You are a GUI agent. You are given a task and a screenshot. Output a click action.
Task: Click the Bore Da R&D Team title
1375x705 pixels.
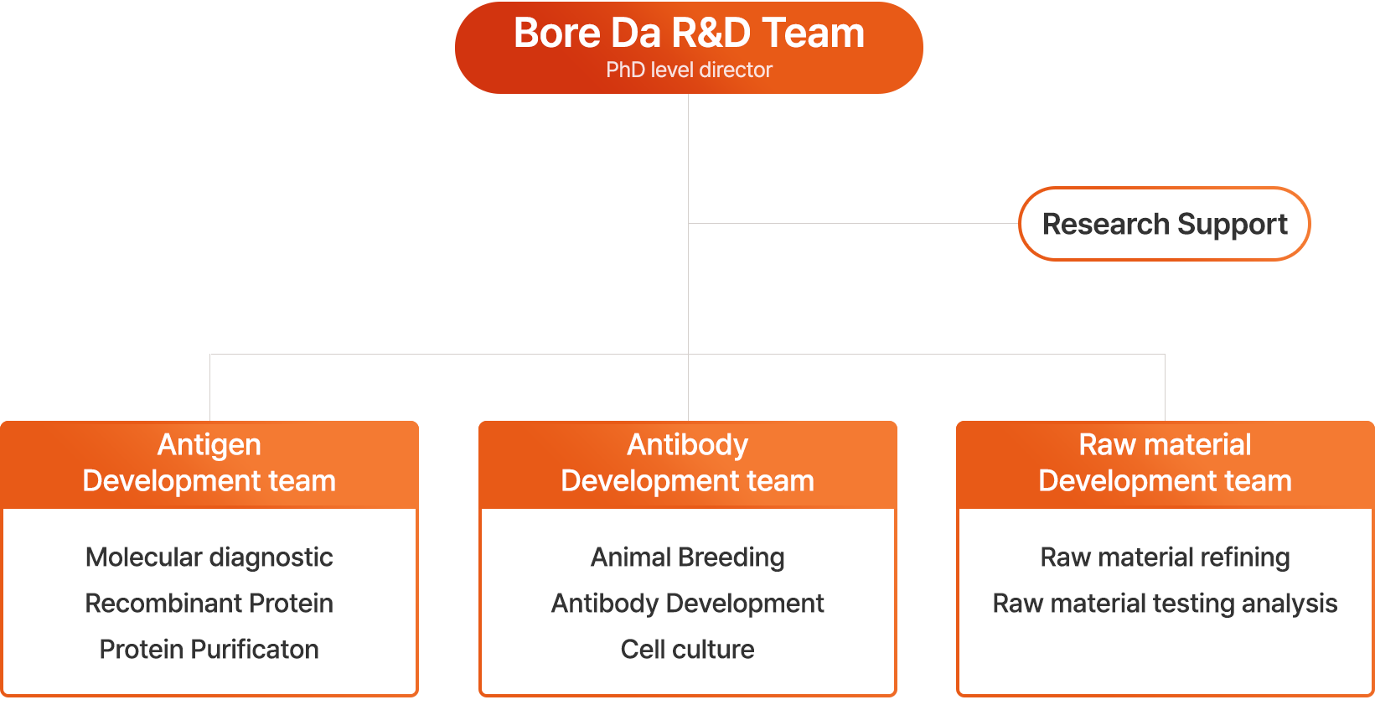click(x=689, y=34)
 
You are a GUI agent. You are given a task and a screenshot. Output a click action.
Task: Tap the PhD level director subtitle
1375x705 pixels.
click(x=689, y=70)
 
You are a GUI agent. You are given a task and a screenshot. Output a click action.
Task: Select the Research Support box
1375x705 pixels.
click(x=1164, y=224)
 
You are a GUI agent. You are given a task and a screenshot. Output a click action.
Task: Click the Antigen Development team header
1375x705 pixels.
click(x=209, y=464)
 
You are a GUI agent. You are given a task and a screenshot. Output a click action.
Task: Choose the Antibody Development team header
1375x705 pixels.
click(x=687, y=464)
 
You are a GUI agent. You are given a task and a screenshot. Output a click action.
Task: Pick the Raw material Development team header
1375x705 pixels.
click(x=1165, y=464)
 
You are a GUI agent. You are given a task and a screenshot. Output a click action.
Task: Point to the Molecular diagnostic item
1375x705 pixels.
click(x=209, y=557)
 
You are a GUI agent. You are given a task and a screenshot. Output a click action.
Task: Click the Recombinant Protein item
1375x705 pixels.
click(x=209, y=604)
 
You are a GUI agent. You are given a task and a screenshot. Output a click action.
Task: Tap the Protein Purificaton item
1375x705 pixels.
click(x=209, y=650)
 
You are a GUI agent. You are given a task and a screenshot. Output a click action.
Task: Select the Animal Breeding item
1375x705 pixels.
click(x=687, y=557)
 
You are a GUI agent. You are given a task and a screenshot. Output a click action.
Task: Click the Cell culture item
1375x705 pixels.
click(x=687, y=650)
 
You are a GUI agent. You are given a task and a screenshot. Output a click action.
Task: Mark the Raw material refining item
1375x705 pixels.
click(x=1165, y=557)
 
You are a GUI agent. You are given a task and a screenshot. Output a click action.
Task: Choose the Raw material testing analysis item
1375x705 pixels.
click(x=1165, y=604)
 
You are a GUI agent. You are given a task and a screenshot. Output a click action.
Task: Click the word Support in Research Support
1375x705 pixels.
click(x=1232, y=225)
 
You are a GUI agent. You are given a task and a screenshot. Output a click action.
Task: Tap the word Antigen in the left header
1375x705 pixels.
click(x=209, y=444)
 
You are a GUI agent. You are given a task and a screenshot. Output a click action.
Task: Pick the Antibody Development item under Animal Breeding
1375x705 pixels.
click(x=687, y=604)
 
